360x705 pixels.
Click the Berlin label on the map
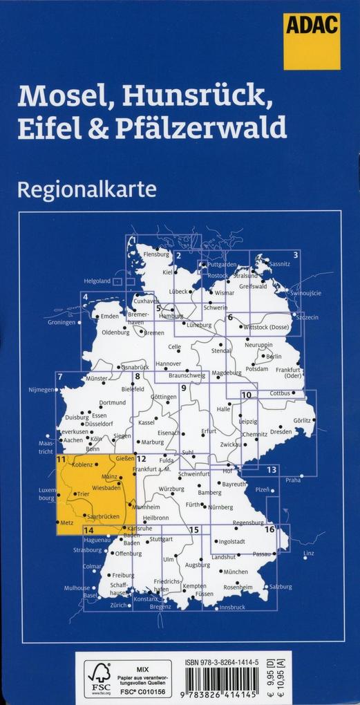274,357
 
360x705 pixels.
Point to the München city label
236,572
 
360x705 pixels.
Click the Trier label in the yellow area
84,494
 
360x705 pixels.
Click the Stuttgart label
161,538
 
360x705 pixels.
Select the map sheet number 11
61,459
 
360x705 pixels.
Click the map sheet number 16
269,529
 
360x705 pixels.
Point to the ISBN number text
221,662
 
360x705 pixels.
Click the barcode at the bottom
220,681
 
